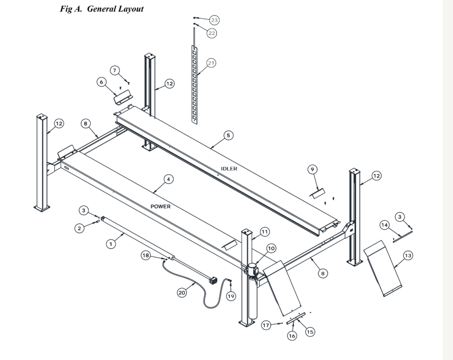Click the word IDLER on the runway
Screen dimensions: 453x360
pyautogui.click(x=229, y=169)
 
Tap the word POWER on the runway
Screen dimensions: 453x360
pyautogui.click(x=161, y=206)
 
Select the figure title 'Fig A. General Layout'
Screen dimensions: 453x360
pyautogui.click(x=102, y=9)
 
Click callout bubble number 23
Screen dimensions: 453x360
pyautogui.click(x=214, y=20)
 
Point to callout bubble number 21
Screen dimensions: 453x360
pyautogui.click(x=211, y=63)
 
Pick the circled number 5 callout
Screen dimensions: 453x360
pyautogui.click(x=228, y=135)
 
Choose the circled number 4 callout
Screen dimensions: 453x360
pyautogui.click(x=169, y=179)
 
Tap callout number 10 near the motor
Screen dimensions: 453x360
pyautogui.click(x=271, y=248)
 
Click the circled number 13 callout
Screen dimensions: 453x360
pyautogui.click(x=407, y=255)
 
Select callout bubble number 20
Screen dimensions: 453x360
pyautogui.click(x=182, y=293)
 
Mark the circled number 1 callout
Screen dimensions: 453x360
pyautogui.click(x=111, y=244)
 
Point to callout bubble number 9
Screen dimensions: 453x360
pyautogui.click(x=312, y=169)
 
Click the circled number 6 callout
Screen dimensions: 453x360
pyautogui.click(x=101, y=82)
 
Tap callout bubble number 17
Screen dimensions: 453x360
pyautogui.click(x=266, y=326)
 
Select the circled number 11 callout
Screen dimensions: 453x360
pyautogui.click(x=265, y=232)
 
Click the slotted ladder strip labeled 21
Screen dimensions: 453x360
pyautogui.click(x=194, y=85)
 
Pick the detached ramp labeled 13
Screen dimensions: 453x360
pyautogui.click(x=383, y=268)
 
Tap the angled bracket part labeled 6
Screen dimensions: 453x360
pyautogui.click(x=123, y=97)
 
